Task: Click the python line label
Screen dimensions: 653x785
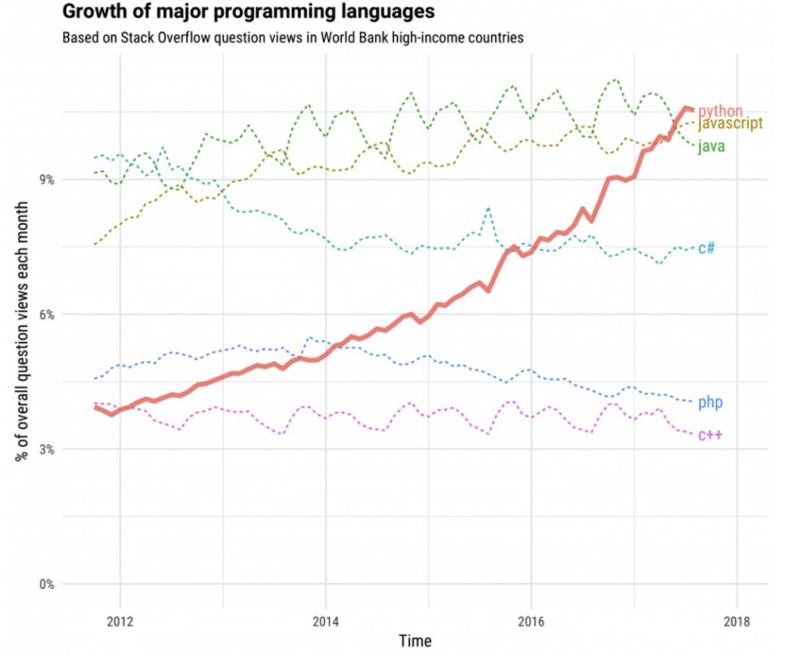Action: tap(720, 111)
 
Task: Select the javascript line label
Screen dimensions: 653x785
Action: tap(730, 124)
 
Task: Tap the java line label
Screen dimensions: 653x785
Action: tap(711, 147)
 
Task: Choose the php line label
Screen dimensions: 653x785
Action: tap(711, 402)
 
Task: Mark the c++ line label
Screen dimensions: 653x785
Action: tap(709, 435)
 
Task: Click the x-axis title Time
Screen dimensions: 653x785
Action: tap(415, 640)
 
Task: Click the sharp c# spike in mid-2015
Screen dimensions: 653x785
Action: tap(488, 208)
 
